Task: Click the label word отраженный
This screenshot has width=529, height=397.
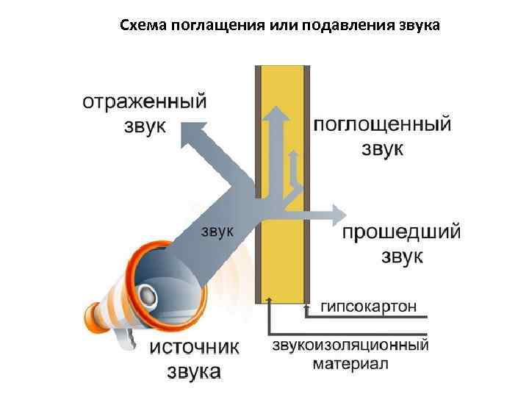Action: [x=144, y=101]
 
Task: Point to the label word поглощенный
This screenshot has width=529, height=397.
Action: [x=382, y=124]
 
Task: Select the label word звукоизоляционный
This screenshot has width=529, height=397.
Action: [x=350, y=344]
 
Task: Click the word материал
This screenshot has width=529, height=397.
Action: [x=350, y=363]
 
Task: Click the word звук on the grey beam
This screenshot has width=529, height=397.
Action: [x=217, y=231]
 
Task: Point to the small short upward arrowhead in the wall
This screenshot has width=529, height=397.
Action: [x=293, y=156]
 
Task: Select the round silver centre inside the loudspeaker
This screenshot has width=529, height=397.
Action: [x=148, y=296]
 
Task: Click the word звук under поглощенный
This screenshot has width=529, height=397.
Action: [x=382, y=149]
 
